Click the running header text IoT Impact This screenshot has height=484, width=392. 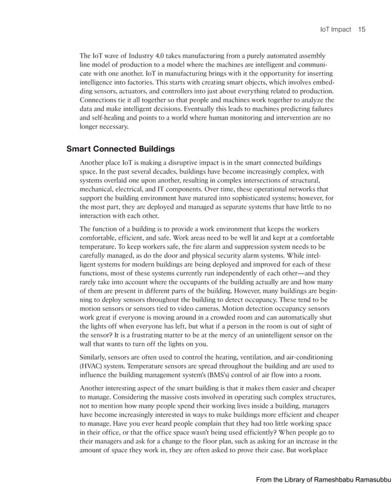click(x=335, y=29)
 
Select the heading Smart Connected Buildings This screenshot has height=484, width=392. click(x=120, y=148)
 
